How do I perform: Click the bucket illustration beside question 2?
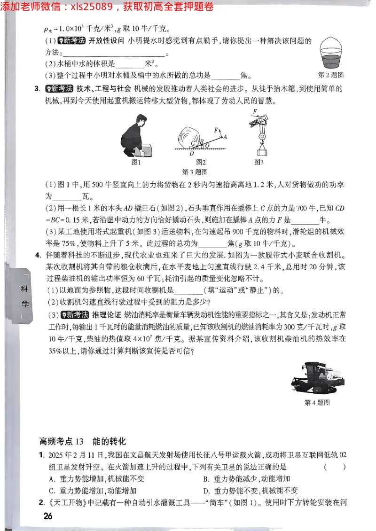pyautogui.click(x=335, y=53)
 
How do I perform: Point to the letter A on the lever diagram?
pyautogui.click(x=225, y=137)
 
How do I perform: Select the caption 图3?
pyautogui.click(x=259, y=162)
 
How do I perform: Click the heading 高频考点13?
pyautogui.click(x=62, y=441)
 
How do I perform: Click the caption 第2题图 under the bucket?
pyautogui.click(x=331, y=75)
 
